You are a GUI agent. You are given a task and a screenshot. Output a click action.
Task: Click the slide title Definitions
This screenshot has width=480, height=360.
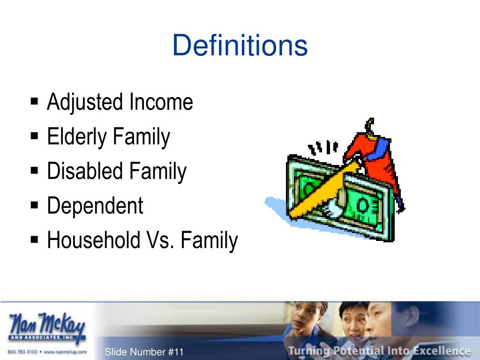tap(240, 46)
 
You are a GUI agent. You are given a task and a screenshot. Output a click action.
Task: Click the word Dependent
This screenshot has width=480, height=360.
tap(95, 206)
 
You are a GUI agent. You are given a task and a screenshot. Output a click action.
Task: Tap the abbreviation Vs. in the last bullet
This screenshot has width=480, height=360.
tap(160, 240)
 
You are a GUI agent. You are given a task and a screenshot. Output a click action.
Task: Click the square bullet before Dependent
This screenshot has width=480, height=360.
tap(35, 205)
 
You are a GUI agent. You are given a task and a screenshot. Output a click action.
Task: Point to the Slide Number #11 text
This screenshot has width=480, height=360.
tap(144, 352)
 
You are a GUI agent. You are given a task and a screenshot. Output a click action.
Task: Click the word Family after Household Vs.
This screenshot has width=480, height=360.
tap(209, 240)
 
